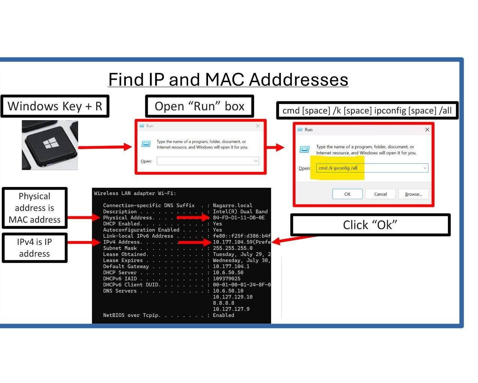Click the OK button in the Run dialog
point(347,194)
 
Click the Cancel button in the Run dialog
point(380,194)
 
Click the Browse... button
point(413,194)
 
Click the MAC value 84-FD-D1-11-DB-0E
point(238,217)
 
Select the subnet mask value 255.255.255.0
point(232,248)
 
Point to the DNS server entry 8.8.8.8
point(223,303)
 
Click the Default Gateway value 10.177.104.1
point(231,266)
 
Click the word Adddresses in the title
point(299,80)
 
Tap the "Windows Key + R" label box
point(55,106)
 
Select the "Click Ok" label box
point(370,225)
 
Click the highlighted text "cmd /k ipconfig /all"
point(338,168)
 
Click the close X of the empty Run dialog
point(258,126)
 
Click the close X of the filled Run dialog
point(427,130)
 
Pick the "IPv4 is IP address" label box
point(35,248)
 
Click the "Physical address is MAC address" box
point(35,208)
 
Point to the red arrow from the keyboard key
point(105,147)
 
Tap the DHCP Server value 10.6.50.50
point(228,272)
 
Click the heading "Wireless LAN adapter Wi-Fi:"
point(135,193)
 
